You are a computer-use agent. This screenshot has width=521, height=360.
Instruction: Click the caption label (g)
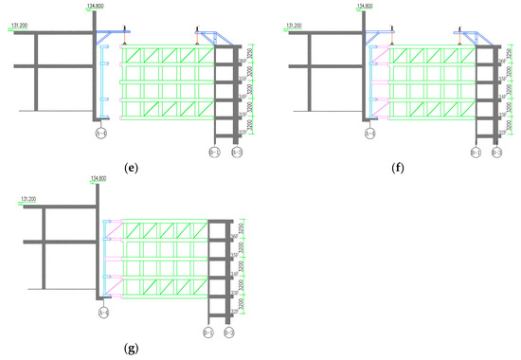[x=132, y=347]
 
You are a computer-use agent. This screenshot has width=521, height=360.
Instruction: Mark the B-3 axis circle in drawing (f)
[x=498, y=151]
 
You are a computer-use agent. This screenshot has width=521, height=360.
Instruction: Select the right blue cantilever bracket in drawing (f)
[x=473, y=35]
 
